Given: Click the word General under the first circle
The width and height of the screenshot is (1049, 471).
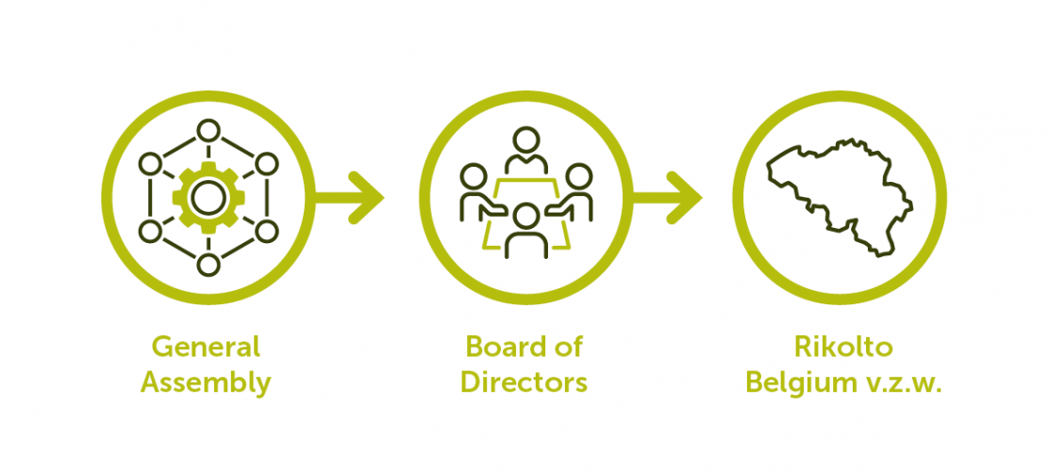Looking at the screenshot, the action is [x=206, y=347].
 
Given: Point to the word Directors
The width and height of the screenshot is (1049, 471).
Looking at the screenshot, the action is [x=524, y=382].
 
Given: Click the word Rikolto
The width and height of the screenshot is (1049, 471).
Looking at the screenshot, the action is [x=843, y=347].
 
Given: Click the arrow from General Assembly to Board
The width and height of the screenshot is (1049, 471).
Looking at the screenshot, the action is [x=349, y=198].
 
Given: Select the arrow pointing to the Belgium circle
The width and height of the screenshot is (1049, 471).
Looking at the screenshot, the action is [x=667, y=198].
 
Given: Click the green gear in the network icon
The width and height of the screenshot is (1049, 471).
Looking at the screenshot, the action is [x=208, y=198].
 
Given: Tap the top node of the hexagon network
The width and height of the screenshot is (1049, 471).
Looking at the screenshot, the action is [x=208, y=130].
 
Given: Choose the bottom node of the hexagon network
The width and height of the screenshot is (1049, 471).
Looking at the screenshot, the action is [x=208, y=266].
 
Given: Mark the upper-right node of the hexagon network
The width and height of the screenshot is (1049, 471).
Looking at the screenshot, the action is [x=267, y=164].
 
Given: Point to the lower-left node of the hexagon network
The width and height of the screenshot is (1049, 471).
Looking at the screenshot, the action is [x=150, y=231].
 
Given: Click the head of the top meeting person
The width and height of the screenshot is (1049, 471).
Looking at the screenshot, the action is [x=525, y=140].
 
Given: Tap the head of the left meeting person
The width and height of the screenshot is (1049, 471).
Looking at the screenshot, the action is [x=475, y=176].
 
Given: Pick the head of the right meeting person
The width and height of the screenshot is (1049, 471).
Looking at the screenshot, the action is [x=578, y=176].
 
